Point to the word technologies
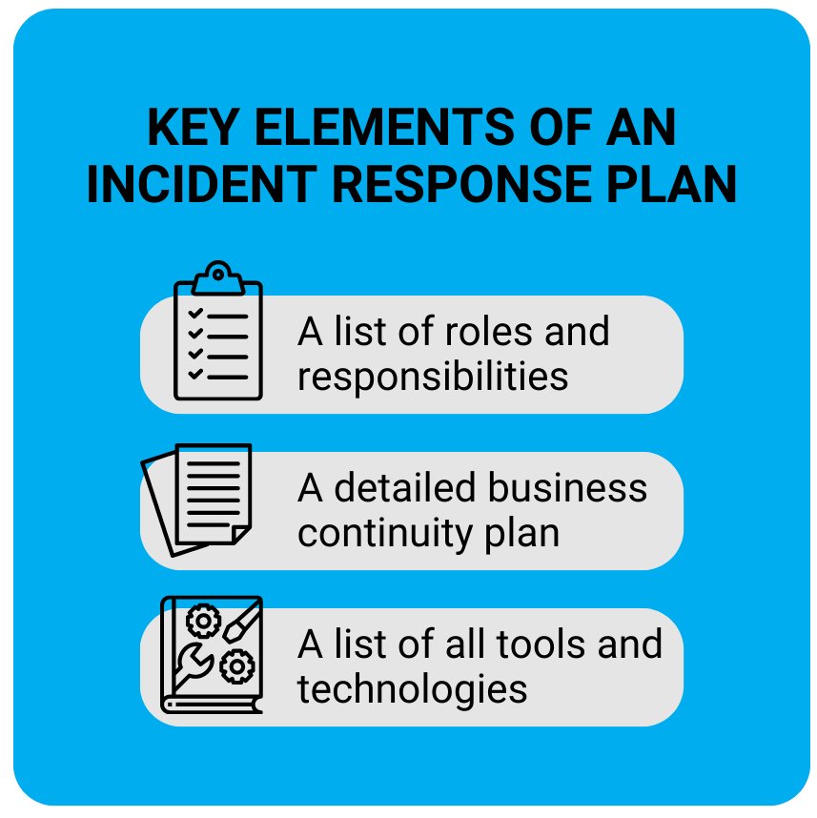tap(412, 688)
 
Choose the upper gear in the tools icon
tap(203, 622)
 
